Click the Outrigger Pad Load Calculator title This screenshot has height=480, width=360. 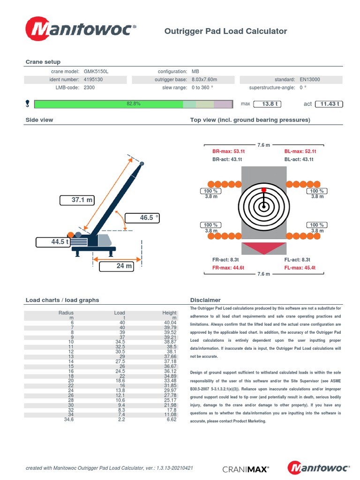pyautogui.click(x=225, y=31)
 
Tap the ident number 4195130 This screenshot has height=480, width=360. pyautogui.click(x=93, y=80)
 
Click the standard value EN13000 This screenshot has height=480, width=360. pyautogui.click(x=310, y=80)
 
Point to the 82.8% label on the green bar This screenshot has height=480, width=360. pyautogui.click(x=133, y=104)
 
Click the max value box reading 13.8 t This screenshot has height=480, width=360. pyautogui.click(x=271, y=104)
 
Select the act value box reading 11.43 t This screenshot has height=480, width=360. pyautogui.click(x=330, y=104)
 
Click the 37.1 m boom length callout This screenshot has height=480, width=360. pyautogui.click(x=77, y=200)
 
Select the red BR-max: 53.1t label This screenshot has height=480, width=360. pyautogui.click(x=229, y=151)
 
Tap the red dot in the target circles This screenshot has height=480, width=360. pyautogui.click(x=264, y=189)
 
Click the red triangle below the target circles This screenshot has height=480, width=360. pyautogui.click(x=264, y=248)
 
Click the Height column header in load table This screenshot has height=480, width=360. pyautogui.click(x=169, y=313)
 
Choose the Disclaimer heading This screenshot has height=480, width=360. pyautogui.click(x=205, y=300)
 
